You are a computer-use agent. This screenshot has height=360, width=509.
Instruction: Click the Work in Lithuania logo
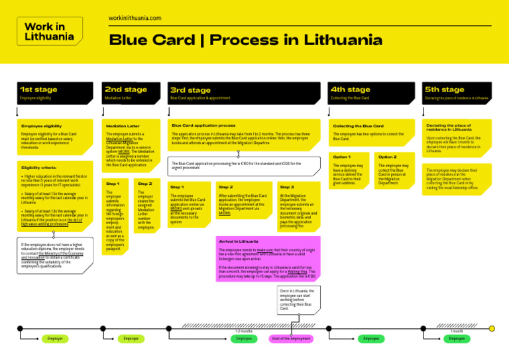44,31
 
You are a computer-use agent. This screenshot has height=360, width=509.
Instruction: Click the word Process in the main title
250,40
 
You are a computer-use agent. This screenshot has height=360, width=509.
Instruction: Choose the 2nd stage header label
126,90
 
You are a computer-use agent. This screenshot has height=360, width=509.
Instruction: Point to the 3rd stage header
190,90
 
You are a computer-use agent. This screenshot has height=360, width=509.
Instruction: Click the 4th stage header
351,90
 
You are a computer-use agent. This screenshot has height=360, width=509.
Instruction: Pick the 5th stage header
444,90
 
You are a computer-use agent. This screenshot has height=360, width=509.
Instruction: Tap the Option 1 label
341,156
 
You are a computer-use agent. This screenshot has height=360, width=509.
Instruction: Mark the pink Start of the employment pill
291,339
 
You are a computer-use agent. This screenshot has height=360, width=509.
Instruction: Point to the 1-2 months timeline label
244,330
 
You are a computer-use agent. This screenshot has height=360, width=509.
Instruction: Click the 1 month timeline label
457,330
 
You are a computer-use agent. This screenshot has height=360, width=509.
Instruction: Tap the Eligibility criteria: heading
38,168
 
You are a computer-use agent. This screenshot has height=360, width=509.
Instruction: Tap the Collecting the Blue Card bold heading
358,125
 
